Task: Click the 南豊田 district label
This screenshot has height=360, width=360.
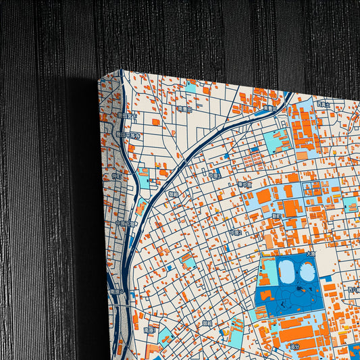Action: click(x=184, y=108)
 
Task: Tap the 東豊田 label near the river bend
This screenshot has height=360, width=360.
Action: click(x=271, y=107)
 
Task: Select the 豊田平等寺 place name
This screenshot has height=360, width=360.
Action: click(x=127, y=134)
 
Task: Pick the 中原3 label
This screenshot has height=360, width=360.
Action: click(x=214, y=174)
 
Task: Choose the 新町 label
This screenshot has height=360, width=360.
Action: click(x=276, y=216)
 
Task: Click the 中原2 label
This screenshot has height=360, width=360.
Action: click(x=235, y=232)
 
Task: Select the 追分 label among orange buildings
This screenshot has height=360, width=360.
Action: click(x=294, y=346)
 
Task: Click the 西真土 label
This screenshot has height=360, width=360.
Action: click(x=324, y=105)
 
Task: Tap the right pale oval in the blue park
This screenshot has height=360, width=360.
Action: click(x=307, y=272)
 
